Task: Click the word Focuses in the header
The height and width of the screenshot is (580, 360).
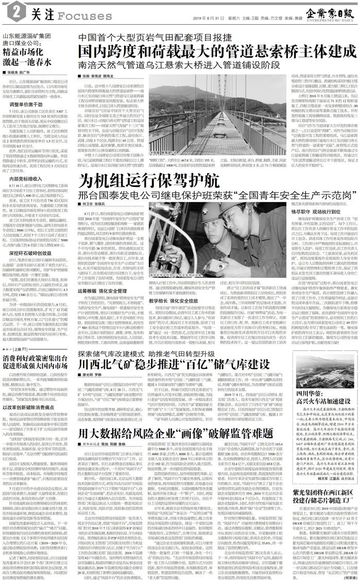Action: [x=72, y=16]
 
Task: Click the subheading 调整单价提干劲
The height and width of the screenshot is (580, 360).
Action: [x=28, y=90]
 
